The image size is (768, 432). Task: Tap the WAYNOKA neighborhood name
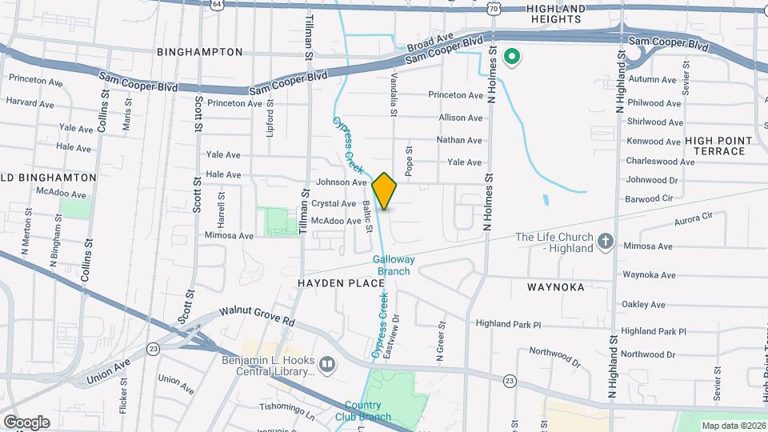(x=556, y=286)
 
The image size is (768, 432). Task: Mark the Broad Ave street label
(x=430, y=42)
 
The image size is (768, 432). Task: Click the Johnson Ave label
(x=342, y=182)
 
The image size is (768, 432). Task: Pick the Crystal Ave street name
(x=334, y=203)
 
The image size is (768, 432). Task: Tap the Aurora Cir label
(x=693, y=218)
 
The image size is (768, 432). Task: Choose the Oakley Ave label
(x=643, y=304)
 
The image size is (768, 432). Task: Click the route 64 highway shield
(x=218, y=4)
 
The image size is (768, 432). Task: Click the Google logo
(x=26, y=422)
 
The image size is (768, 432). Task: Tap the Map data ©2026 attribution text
(x=733, y=425)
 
